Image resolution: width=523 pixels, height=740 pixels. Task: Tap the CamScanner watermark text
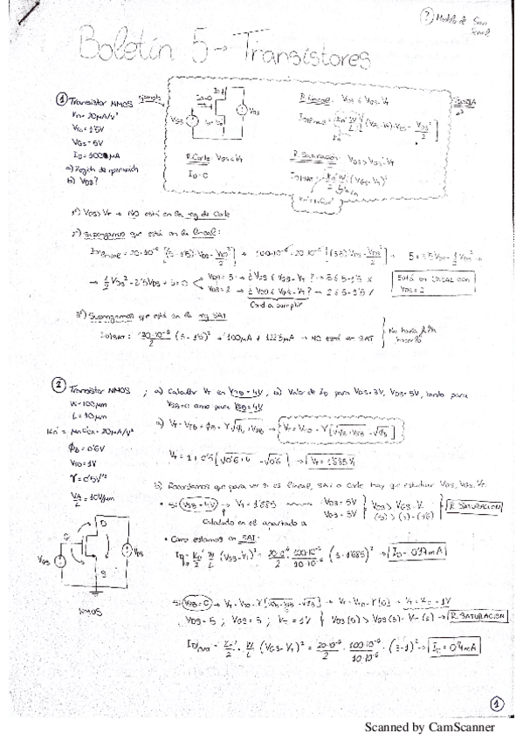429,727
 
